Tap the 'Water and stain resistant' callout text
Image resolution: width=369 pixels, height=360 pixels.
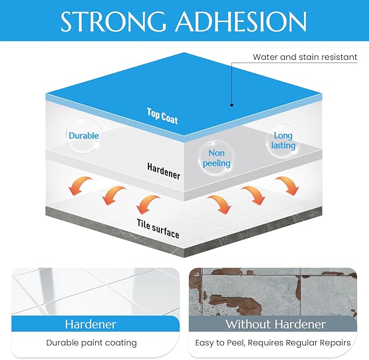305,57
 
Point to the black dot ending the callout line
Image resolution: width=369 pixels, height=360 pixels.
232,105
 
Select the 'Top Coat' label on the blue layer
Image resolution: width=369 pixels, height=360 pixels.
162,116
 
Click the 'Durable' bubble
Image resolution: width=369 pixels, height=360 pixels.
84,135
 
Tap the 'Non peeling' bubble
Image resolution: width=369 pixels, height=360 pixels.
216,158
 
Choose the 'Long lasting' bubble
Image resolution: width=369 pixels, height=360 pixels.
283,140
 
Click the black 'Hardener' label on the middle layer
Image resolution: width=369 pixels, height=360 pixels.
164,171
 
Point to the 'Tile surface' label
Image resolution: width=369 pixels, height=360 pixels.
158,229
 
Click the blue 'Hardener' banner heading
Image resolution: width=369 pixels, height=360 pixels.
91,324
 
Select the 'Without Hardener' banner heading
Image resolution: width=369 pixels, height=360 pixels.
276,324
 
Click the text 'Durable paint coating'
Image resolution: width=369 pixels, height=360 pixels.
91,343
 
